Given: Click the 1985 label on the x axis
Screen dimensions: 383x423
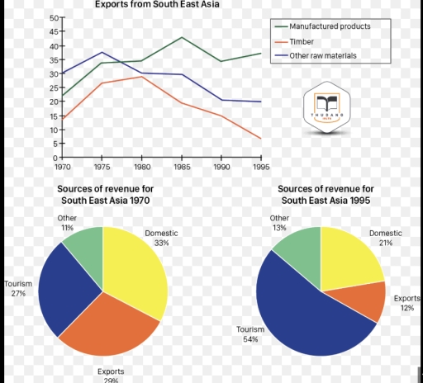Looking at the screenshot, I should pyautogui.click(x=181, y=166).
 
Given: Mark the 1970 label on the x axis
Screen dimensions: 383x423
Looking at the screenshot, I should pyautogui.click(x=63, y=166).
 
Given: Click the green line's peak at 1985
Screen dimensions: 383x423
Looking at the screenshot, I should pyautogui.click(x=182, y=37).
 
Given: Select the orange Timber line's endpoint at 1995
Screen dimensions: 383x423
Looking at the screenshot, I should pyautogui.click(x=260, y=138).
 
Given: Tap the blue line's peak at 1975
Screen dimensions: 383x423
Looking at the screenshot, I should pyautogui.click(x=102, y=52).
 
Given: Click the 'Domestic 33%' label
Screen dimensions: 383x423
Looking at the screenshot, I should pyautogui.click(x=161, y=238).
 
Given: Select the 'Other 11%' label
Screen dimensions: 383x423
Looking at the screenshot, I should pyautogui.click(x=67, y=222).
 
